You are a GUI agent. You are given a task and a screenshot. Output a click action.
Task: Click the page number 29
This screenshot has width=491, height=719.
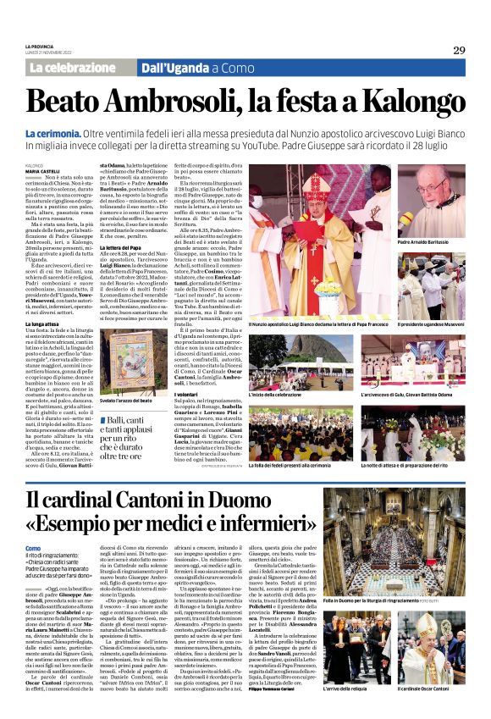pos(459,50)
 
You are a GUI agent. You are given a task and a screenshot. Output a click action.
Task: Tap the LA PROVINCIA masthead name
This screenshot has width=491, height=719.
pos(40,46)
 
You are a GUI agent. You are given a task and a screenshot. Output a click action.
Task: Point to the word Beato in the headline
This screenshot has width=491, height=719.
pos(63,102)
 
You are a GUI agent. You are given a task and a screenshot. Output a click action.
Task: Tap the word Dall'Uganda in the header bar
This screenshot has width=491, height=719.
pos(174,68)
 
